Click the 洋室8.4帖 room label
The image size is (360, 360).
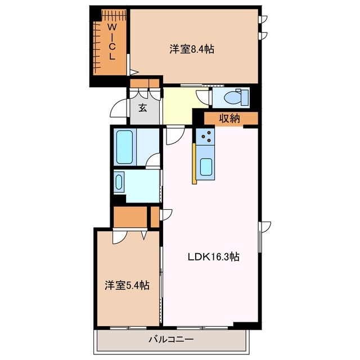(x=192, y=49)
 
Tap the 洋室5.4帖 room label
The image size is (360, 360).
(x=127, y=285)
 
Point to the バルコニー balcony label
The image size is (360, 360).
(x=171, y=340)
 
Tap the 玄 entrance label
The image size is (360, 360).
(x=143, y=107)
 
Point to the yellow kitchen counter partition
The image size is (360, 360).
(x=194, y=163)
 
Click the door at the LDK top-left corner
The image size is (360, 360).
(x=173, y=134)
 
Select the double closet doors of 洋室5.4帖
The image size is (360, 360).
(x=129, y=236)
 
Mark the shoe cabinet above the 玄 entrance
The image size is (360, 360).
(x=145, y=84)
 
